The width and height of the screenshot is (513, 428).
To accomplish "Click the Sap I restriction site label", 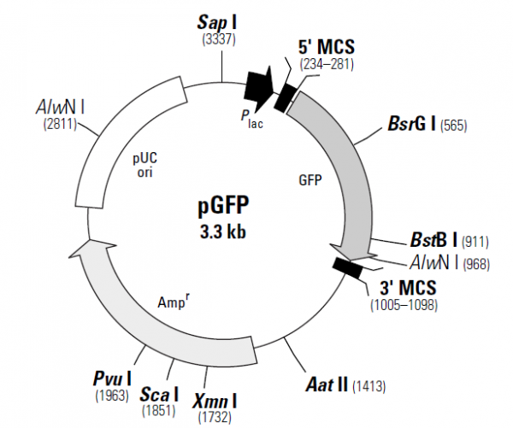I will (x=221, y=19).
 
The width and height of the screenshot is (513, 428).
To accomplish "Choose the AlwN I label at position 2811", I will (x=60, y=107).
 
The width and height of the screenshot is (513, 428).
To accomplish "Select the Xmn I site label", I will (x=215, y=399).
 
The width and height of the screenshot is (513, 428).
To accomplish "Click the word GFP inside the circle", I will (x=310, y=181).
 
